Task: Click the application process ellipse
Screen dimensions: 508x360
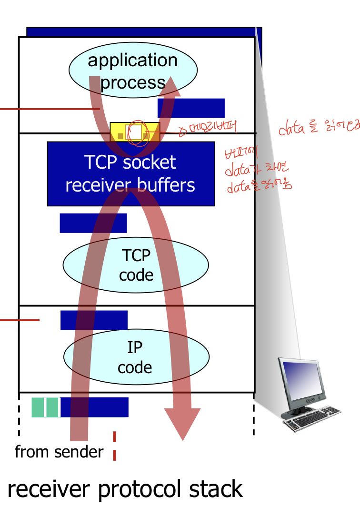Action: tap(133, 71)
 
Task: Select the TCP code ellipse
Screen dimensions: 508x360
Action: tap(136, 265)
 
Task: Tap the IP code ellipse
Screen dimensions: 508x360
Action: tap(136, 357)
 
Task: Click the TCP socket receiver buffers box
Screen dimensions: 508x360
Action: tap(130, 173)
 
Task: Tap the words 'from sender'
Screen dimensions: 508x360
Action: tap(59, 452)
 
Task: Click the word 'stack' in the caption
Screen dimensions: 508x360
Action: tap(218, 489)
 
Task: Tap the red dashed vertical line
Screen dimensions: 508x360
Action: tap(114, 446)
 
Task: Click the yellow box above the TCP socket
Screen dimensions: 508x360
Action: tap(135, 132)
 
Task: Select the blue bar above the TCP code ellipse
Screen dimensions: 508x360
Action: tap(93, 223)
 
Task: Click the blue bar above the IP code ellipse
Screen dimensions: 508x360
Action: tap(94, 320)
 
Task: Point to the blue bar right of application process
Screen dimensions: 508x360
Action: tap(191, 108)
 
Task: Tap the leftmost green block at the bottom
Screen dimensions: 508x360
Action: tap(38, 407)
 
